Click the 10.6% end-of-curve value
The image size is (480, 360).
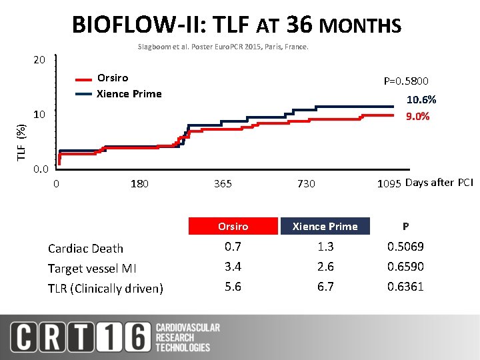pos(421,99)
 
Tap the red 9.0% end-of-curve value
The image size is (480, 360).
pos(418,117)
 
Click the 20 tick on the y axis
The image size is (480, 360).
pos(39,61)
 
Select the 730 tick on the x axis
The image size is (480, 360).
pos(306,183)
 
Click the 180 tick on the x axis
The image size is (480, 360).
pos(139,183)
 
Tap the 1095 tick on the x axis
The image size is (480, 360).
pos(389,183)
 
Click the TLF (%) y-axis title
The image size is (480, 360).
pos(21,141)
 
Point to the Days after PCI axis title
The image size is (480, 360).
pos(439,183)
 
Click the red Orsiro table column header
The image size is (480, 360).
pos(233,227)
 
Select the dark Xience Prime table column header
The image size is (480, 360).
pos(325,227)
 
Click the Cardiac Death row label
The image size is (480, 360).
pos(85,249)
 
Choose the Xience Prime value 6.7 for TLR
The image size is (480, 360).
pos(325,287)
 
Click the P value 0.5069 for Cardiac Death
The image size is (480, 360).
pos(405,247)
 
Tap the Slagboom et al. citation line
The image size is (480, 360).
pos(223,47)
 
